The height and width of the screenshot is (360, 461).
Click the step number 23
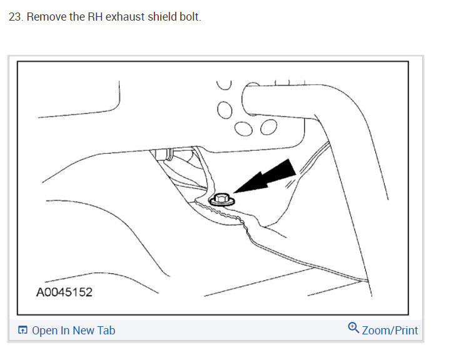pos(15,17)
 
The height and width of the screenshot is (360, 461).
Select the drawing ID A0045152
pos(64,292)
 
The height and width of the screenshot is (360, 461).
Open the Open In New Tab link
pos(73,331)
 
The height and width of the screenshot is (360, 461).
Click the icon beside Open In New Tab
pos(23,331)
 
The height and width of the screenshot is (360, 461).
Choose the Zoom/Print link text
pos(390,330)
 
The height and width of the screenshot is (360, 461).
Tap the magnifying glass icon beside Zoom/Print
pos(353,327)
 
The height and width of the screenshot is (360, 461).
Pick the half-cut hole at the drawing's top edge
pos(224,83)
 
